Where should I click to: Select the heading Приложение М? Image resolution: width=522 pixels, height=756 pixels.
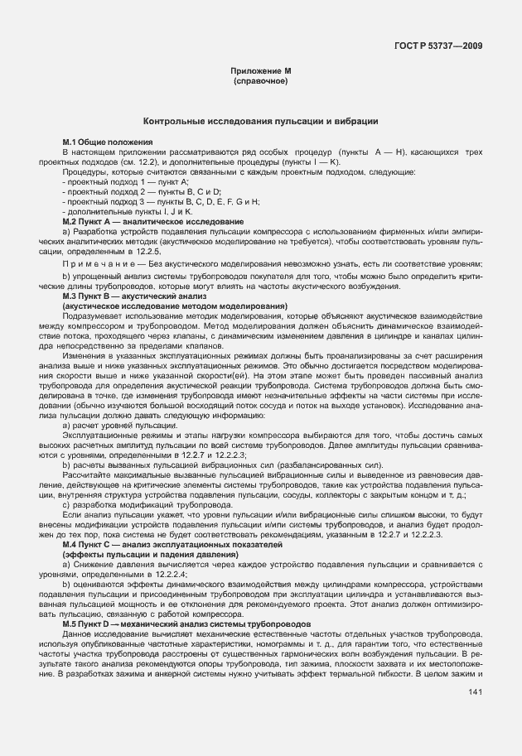(261, 73)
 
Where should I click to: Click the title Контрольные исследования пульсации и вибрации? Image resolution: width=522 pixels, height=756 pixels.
(261, 121)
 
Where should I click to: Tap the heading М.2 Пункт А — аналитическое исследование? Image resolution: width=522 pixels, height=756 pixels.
(153, 221)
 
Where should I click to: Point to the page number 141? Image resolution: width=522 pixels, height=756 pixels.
(475, 691)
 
